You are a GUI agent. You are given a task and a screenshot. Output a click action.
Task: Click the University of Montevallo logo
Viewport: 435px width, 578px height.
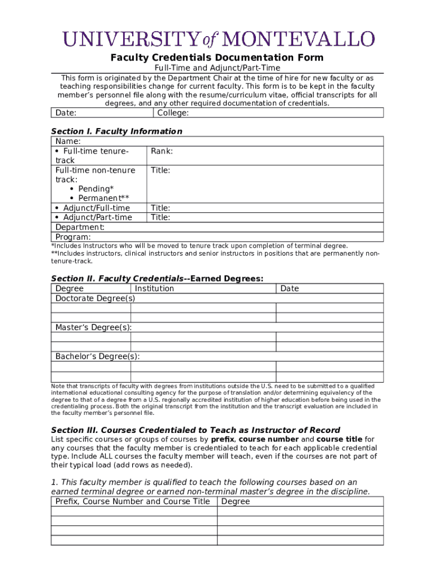click(217, 40)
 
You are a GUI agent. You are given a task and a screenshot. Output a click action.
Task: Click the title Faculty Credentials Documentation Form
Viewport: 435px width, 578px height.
click(217, 58)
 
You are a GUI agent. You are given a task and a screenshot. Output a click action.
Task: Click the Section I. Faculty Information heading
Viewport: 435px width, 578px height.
click(116, 132)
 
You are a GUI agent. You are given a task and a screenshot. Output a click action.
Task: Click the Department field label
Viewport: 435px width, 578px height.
click(80, 227)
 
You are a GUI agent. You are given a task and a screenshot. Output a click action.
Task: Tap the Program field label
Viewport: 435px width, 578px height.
click(73, 237)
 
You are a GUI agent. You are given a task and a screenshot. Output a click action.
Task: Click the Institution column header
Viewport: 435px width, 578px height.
click(154, 288)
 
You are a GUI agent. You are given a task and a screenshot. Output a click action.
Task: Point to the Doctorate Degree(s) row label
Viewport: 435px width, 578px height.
click(95, 298)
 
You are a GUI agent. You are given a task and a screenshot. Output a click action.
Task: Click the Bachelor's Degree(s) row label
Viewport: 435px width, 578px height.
click(97, 357)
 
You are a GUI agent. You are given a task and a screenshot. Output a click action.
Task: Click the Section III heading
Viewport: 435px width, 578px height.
click(195, 430)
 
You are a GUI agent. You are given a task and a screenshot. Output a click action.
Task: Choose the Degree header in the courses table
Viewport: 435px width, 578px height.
click(236, 501)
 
